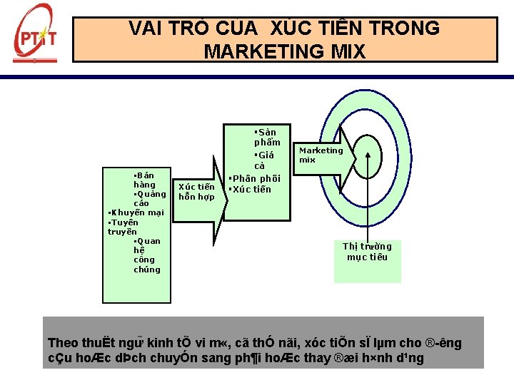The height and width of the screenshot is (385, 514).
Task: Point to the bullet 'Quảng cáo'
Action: pos(148,198)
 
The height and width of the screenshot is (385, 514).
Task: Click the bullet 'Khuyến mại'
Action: pos(136,212)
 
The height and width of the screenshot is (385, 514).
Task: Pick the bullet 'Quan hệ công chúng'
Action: pos(147,255)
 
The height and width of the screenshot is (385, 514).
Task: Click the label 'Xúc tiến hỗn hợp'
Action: pos(196,192)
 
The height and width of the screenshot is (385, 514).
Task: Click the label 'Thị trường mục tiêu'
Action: pos(367,252)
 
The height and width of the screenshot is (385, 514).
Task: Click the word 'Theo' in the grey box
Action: pos(61,343)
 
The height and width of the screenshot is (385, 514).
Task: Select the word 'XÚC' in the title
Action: pos(272,29)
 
